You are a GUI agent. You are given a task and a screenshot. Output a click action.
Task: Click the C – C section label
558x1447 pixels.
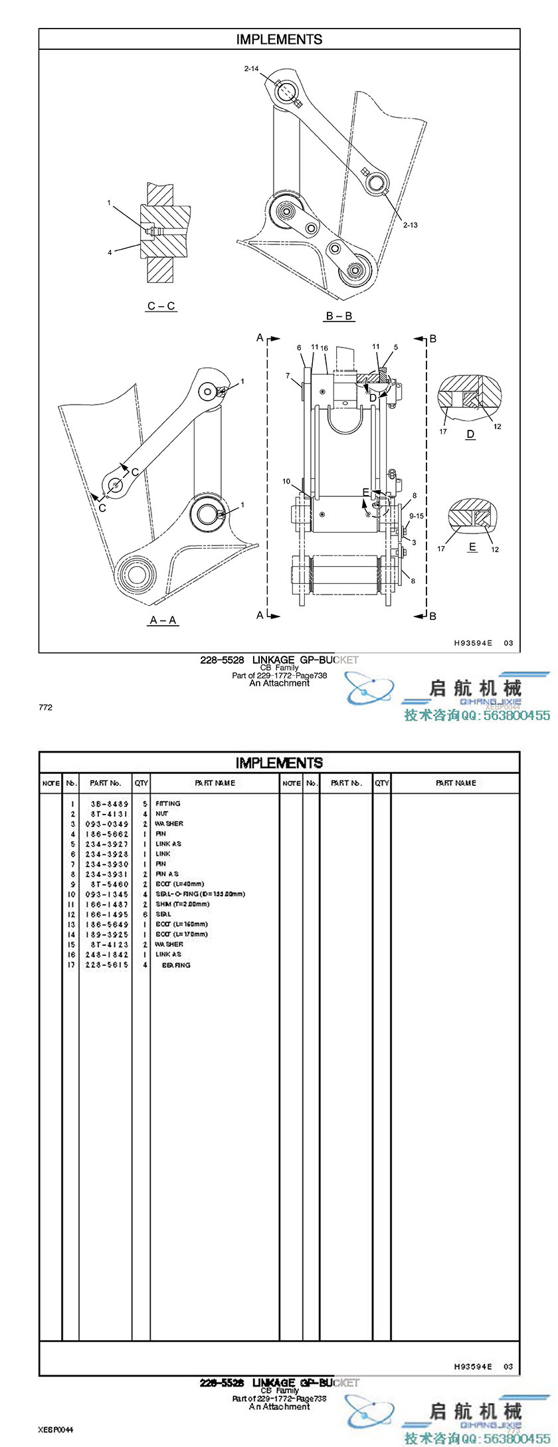tap(161, 306)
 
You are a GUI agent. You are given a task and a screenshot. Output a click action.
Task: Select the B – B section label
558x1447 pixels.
tap(339, 316)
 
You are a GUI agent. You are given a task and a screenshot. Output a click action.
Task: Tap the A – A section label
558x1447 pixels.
tap(163, 620)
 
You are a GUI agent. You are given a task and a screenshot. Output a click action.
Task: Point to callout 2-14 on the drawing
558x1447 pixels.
tap(251, 68)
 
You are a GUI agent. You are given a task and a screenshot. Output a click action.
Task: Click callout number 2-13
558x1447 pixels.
tap(411, 225)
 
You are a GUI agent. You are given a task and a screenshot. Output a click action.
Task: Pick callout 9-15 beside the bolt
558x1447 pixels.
tap(417, 516)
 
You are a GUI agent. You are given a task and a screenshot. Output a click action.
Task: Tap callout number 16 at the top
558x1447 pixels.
tap(324, 348)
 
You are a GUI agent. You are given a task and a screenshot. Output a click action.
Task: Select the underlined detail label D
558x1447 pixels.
tap(470, 434)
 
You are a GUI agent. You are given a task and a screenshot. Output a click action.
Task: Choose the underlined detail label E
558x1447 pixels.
tap(472, 547)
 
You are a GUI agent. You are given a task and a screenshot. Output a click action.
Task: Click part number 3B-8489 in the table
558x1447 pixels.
tap(109, 803)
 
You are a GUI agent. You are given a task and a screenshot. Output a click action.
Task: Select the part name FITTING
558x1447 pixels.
tap(168, 803)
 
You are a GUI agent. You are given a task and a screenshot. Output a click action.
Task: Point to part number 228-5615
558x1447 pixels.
tap(106, 965)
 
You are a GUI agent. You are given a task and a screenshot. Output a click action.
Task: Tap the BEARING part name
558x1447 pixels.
tap(176, 965)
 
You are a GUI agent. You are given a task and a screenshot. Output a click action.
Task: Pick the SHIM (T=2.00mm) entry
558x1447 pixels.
tap(183, 904)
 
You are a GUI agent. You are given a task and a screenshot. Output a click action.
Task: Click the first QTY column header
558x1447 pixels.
tap(141, 783)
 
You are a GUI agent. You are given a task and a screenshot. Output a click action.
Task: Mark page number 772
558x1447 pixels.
tap(45, 708)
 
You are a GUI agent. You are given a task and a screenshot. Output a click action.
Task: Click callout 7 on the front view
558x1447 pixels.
tap(288, 376)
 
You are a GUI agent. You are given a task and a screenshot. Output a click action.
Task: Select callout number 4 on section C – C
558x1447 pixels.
tap(110, 252)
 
